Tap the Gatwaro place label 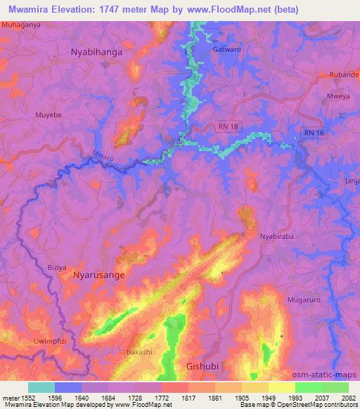tap(226, 51)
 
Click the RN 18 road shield tap(224, 126)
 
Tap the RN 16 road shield tap(314, 132)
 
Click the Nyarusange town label tap(99, 276)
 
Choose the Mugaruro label tap(304, 300)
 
